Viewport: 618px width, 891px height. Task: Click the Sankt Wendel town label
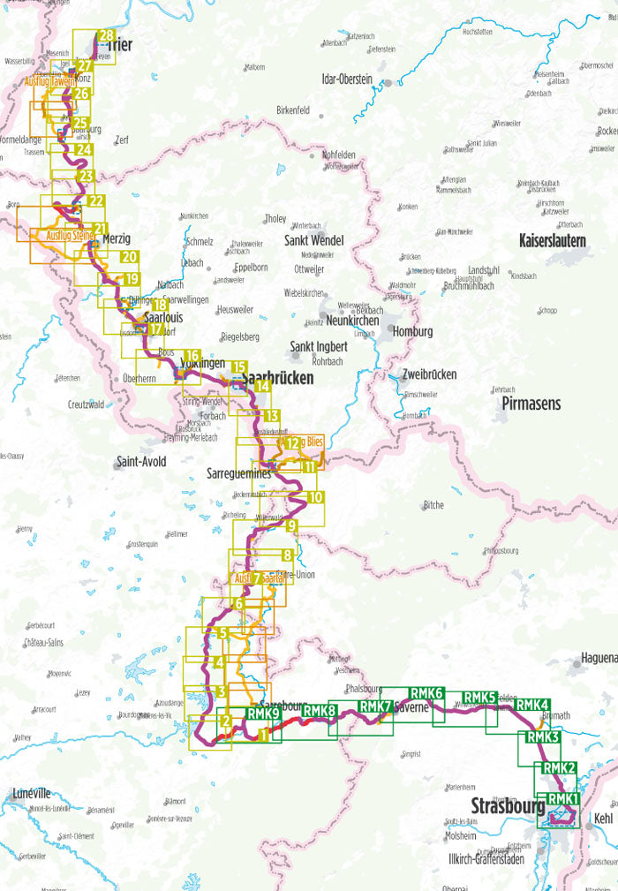[x=313, y=240]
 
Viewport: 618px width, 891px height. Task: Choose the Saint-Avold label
[x=141, y=461]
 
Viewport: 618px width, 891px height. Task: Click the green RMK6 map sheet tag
[x=426, y=693]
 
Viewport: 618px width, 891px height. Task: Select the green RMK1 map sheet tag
[x=562, y=799]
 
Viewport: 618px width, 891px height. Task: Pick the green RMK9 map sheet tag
[x=263, y=714]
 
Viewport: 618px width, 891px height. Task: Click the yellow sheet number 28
[x=107, y=36]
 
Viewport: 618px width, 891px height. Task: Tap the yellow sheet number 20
[x=129, y=257]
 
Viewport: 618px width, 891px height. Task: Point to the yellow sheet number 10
[x=316, y=497]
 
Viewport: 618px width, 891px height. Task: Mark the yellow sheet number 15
[x=238, y=366]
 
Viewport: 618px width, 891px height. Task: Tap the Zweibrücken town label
[x=429, y=374]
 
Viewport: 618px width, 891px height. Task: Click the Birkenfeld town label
[x=292, y=110]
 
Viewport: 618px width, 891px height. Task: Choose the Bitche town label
[x=433, y=505]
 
